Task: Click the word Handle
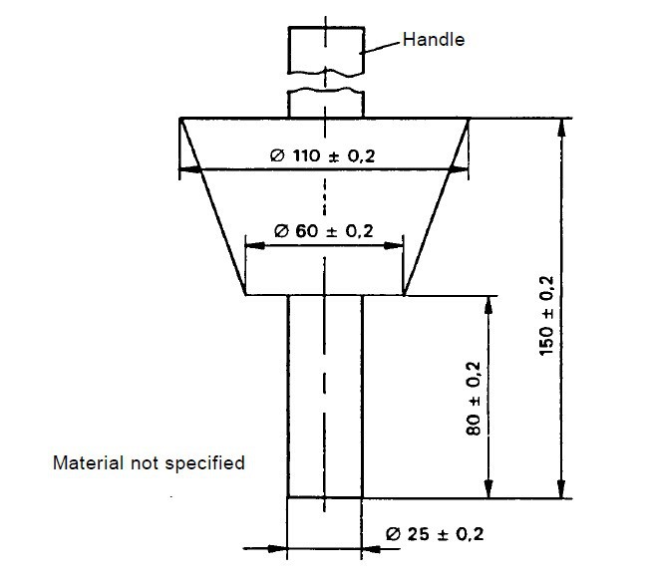pos(434,40)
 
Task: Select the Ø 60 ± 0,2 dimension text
pos(323,231)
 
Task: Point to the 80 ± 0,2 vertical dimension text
pos(474,397)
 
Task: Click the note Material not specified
pos(148,463)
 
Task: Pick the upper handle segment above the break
pos(324,49)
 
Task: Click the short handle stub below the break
pos(324,103)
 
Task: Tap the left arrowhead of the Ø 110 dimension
pos(186,171)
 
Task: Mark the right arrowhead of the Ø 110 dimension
pos(463,171)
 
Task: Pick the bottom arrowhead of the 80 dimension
pos(488,490)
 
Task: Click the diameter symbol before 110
pos(277,155)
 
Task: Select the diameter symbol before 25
pos(392,534)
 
